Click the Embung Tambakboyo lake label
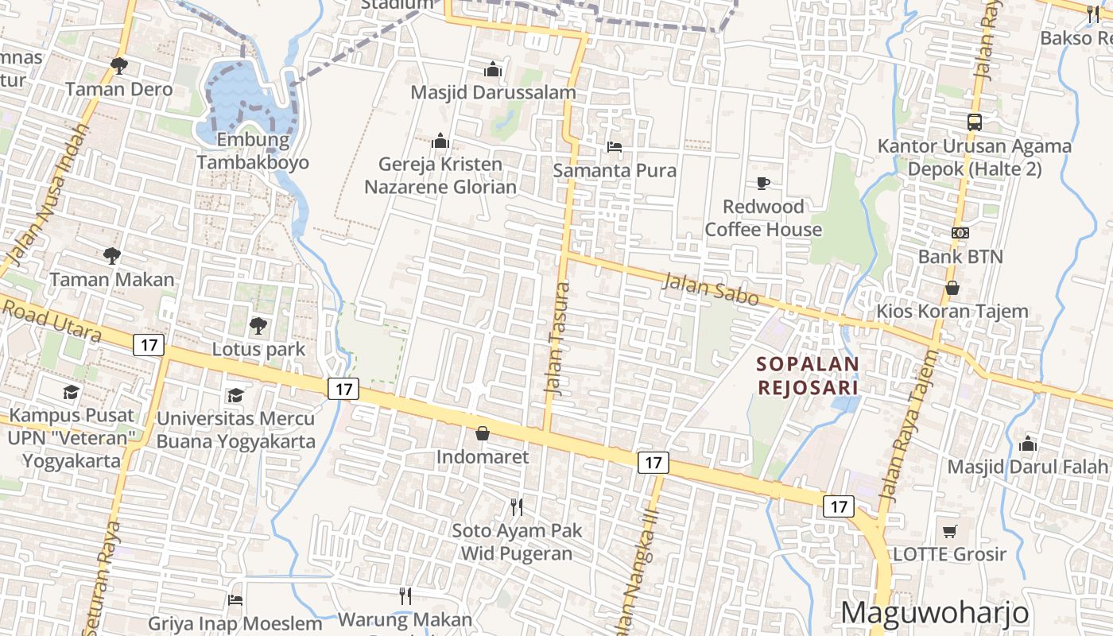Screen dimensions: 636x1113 pos(253,152)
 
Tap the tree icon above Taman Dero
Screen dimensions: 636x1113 pos(119,65)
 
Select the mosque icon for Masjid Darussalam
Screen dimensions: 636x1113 pos(493,70)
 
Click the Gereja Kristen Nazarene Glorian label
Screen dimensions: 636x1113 pos(440,176)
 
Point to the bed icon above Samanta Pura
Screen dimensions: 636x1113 pos(615,147)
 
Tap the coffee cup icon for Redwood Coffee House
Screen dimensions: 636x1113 pos(763,184)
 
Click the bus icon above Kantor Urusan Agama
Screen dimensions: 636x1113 pos(975,122)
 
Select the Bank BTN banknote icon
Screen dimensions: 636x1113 pos(960,233)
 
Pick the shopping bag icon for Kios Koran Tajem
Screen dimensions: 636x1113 pos(952,288)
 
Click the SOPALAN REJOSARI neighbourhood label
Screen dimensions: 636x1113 pos(808,375)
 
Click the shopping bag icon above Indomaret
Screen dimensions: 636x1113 pos(482,433)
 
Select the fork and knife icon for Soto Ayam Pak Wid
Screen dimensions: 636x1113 pos(517,506)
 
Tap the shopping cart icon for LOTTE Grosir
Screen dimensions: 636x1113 pos(949,531)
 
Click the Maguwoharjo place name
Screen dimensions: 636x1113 pos(934,613)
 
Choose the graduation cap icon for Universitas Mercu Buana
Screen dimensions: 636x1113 pos(235,395)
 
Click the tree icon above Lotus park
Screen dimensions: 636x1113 pos(258,325)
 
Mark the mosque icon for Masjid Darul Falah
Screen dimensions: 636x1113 pos(1027,443)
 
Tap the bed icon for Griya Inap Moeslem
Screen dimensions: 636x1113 pos(235,600)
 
